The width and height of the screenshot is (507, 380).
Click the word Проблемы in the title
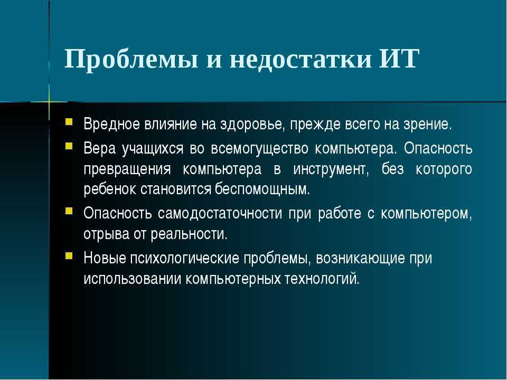pyautogui.click(x=132, y=60)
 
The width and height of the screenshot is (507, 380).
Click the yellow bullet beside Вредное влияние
pyautogui.click(x=69, y=121)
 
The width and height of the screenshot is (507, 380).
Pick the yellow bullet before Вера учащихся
pyautogui.click(x=69, y=146)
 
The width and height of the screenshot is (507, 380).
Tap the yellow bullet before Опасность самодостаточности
pyautogui.click(x=69, y=211)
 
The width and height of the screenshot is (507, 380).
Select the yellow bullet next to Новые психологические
pyautogui.click(x=69, y=256)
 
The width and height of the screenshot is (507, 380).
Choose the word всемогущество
pyautogui.click(x=260, y=149)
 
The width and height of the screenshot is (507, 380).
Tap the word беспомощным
pyautogui.click(x=262, y=189)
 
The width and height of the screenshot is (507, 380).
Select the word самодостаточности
pyautogui.click(x=220, y=213)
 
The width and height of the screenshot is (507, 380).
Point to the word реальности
pyautogui.click(x=189, y=234)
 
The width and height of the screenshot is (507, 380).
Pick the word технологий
pyautogui.click(x=322, y=279)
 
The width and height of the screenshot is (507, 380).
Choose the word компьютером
pyautogui.click(x=426, y=214)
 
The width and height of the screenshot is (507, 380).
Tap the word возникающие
pyautogui.click(x=360, y=259)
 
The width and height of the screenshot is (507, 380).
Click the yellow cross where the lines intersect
pyautogui.click(x=49, y=102)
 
